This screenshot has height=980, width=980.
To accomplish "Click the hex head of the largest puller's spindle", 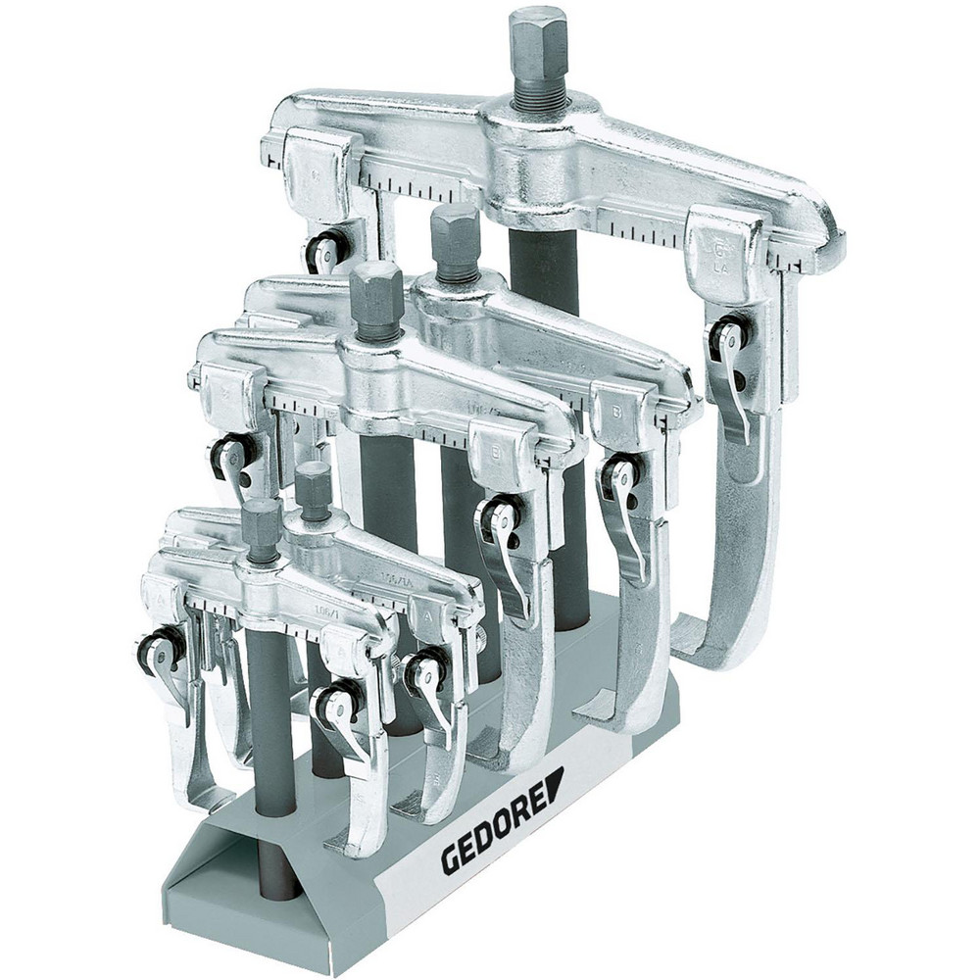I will (537, 39).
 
